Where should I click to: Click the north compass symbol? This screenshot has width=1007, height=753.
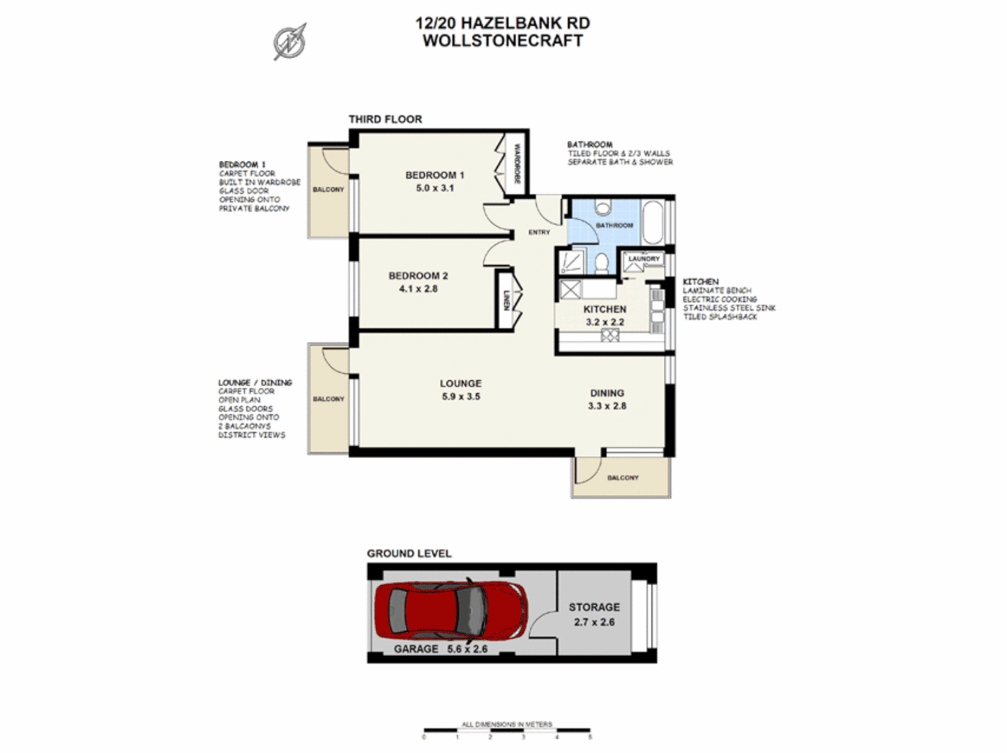point(289,41)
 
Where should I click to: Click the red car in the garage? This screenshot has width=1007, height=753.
point(450,611)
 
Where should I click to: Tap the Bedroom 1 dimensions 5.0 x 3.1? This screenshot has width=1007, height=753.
point(434,188)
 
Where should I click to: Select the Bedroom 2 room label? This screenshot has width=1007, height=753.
point(418,276)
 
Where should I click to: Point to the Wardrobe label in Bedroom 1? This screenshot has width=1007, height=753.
point(517,164)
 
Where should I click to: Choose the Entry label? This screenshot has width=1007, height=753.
point(538,232)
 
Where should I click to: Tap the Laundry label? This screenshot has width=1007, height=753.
point(643,259)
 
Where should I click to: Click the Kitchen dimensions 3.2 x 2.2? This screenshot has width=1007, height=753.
point(605,322)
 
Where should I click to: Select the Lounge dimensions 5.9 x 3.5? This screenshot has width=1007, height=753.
point(460,397)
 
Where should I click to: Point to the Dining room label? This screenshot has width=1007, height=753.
point(607,393)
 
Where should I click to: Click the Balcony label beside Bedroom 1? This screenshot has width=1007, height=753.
point(328,190)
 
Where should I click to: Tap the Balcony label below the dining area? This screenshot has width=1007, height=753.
point(622,478)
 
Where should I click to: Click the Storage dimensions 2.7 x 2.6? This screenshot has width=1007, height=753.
point(594,623)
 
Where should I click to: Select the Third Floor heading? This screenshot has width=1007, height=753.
point(385,119)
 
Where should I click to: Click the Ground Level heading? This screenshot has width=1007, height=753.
point(409,554)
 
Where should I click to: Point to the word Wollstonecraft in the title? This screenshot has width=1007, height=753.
point(502,40)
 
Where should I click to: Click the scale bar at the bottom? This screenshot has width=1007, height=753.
point(506,731)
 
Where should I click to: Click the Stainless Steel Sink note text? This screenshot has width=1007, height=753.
point(729,308)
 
